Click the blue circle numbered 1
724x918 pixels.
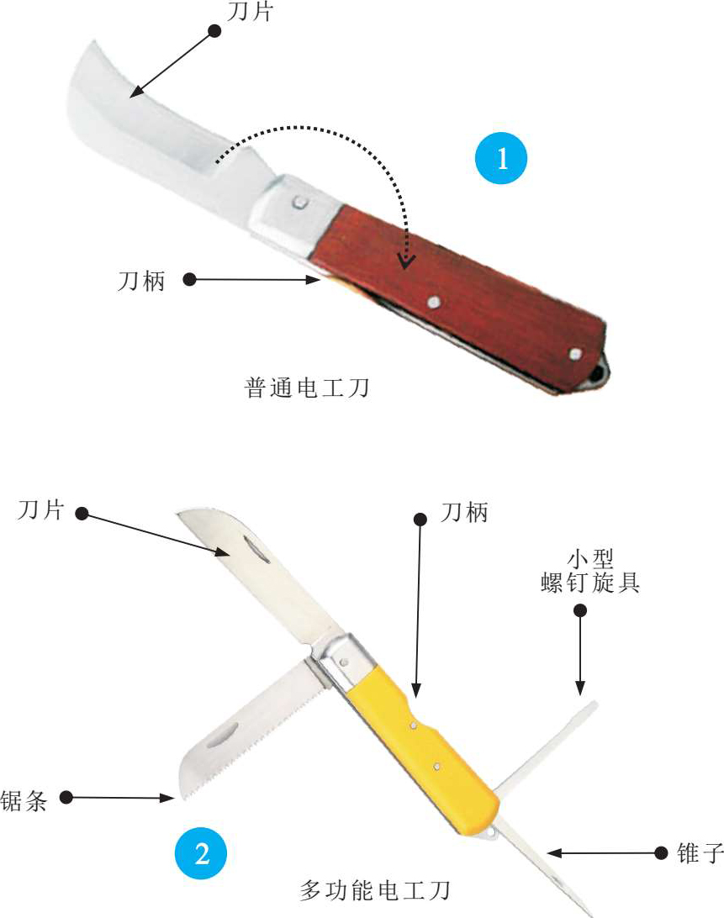point(501,158)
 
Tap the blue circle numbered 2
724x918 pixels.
point(201,853)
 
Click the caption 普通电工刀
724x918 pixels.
point(306,388)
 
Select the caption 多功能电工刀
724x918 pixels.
point(375,890)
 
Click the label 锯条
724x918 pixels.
point(24,800)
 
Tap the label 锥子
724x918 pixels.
point(700,853)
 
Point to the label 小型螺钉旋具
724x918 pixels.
point(589,572)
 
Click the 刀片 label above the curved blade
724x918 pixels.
point(250,11)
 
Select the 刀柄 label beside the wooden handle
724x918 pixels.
point(141,281)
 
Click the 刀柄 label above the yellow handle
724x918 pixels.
point(464,512)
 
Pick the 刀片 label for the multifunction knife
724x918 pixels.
point(40,509)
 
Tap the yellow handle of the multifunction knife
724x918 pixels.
point(422,743)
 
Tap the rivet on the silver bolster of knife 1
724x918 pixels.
point(300,203)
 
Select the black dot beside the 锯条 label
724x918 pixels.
point(66,798)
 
